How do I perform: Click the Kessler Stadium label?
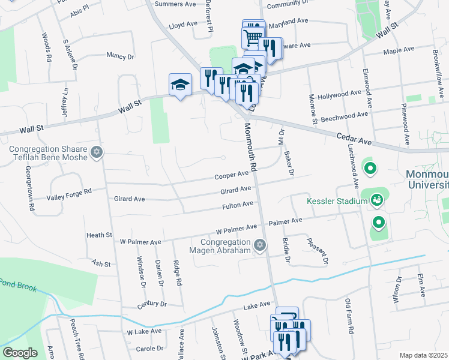click(x=337, y=201)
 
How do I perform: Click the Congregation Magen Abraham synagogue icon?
click(x=260, y=244)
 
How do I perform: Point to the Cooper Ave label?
click(x=232, y=175)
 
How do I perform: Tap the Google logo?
click(x=20, y=352)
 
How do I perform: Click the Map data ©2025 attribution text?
click(x=423, y=355)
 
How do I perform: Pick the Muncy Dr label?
click(x=119, y=56)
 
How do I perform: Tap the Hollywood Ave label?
click(x=340, y=95)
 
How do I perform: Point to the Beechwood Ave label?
click(x=346, y=114)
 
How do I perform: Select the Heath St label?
click(x=99, y=235)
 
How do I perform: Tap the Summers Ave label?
click(x=175, y=4)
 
